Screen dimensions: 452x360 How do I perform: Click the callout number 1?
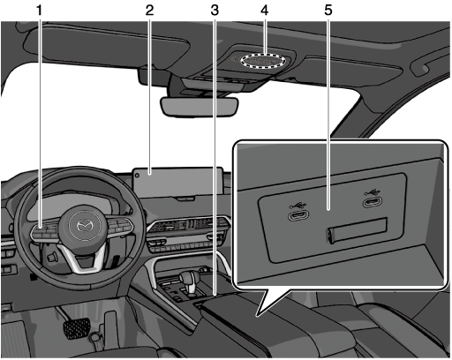pos(39,11)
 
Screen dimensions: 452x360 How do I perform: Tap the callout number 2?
pos(149,11)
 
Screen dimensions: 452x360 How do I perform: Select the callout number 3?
pos(215,11)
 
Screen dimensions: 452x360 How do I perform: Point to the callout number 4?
pos(264,11)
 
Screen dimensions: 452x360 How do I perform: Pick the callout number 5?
pos(328,11)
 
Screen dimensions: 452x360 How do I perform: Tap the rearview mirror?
pos(200,107)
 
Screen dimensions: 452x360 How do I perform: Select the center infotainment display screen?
pos(178,183)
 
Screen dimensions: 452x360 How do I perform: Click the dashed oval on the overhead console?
pos(263,61)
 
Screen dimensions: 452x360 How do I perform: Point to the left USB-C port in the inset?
pos(298,215)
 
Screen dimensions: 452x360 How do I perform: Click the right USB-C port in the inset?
pos(373,202)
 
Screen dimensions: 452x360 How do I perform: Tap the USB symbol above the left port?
pos(298,204)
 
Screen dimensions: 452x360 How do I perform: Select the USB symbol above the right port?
pos(373,191)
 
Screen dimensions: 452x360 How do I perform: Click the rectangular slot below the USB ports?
pos(357,230)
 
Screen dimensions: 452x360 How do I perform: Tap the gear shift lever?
pos(189,282)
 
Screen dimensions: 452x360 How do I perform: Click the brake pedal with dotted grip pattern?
pos(77,327)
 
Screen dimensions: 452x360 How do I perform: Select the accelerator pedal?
pos(110,326)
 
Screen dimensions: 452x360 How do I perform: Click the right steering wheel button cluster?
pos(121,225)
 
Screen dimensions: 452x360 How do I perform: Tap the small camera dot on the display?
pos(138,176)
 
